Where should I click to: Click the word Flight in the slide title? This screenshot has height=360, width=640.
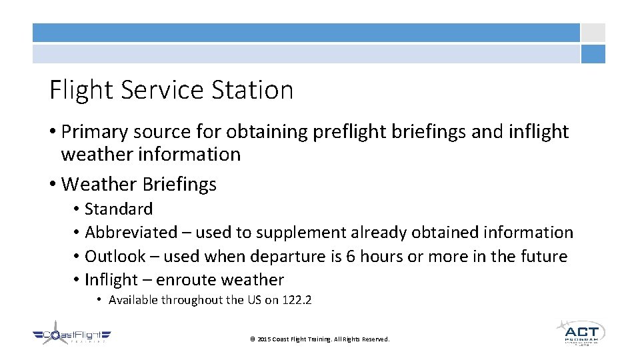point(78,90)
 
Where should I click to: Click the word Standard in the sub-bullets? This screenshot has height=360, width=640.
point(119,209)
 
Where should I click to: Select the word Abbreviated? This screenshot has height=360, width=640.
point(131,233)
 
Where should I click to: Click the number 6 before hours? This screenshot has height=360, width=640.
point(351,257)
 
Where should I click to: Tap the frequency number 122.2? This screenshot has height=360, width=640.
point(297,300)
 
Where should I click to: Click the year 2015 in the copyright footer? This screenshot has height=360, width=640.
point(263,339)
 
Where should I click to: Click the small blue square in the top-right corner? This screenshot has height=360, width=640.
point(593,54)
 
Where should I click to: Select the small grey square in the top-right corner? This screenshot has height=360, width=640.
point(593,33)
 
